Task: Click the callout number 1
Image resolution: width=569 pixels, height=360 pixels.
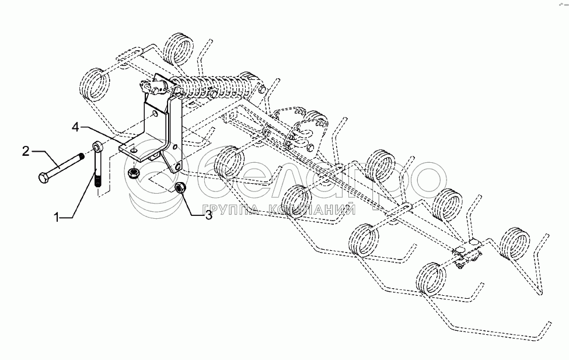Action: coord(56,218)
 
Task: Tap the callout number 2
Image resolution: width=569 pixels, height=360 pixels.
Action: coord(26,151)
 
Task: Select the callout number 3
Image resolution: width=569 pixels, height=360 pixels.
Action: coord(209,215)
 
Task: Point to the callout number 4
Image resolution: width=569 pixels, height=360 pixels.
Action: coord(75,127)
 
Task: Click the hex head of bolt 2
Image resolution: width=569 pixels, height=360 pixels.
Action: coord(43,178)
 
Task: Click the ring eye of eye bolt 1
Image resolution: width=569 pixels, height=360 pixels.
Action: coord(97,146)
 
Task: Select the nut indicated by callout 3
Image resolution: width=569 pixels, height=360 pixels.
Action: coord(180,188)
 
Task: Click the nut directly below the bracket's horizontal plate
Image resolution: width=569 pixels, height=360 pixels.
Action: coord(134,172)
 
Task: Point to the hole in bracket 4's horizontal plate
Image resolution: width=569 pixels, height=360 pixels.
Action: coord(134,148)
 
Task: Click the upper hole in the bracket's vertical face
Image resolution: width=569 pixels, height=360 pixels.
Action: coord(155,115)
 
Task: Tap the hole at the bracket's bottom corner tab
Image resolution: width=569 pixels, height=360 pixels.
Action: coord(177,167)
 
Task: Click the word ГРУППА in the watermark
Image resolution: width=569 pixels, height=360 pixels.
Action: coord(230,209)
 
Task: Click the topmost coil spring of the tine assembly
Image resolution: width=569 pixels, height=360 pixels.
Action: coord(178,48)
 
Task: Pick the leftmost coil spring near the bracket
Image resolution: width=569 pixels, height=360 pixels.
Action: coord(95,84)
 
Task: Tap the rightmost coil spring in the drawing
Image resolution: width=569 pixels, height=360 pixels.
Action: coord(515,243)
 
